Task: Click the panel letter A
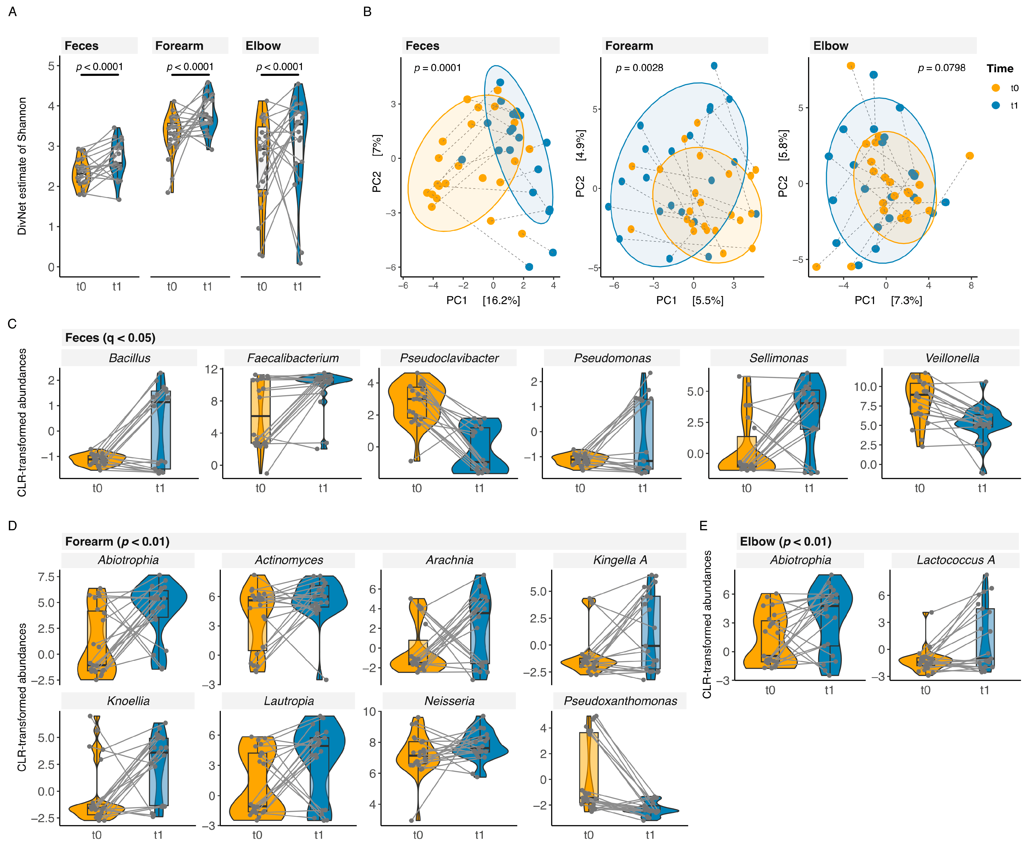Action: (x=13, y=12)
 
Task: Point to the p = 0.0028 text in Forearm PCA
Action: (x=639, y=68)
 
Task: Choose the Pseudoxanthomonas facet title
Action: (x=620, y=701)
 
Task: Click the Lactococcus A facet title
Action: (x=955, y=560)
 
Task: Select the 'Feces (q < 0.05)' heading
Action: (x=110, y=338)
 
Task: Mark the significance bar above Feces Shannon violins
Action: (x=100, y=75)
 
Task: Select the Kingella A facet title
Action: (x=620, y=560)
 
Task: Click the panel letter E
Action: (x=703, y=525)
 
